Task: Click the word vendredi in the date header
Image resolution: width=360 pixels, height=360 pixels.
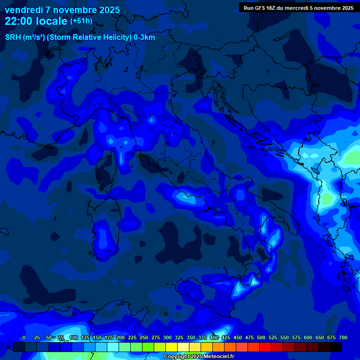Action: [x=24, y=10]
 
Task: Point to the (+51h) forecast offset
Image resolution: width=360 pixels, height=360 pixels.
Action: [x=81, y=21]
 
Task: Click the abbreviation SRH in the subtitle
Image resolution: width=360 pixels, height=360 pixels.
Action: [x=13, y=37]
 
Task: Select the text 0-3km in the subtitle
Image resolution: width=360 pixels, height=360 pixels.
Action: [x=144, y=37]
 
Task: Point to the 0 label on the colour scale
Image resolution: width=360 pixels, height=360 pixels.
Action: [x=24, y=337]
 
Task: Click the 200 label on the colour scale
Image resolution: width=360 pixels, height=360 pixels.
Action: [x=120, y=337]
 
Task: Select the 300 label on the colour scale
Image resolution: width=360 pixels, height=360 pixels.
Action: [x=167, y=337]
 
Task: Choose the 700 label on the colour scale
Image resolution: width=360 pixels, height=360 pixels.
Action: [x=343, y=337]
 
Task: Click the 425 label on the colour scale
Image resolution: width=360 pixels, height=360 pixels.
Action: [x=226, y=337]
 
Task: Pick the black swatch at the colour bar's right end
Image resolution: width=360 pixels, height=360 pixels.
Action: [x=336, y=347]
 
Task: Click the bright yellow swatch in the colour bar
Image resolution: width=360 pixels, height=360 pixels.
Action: [x=172, y=347]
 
